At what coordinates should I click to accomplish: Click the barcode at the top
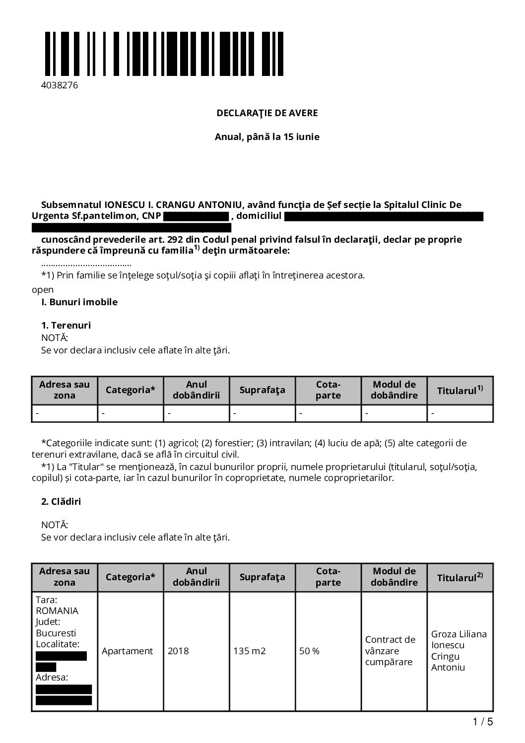tap(164, 54)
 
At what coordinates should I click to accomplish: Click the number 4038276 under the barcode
tap(60, 85)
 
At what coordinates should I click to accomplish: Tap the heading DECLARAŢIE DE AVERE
tap(267, 113)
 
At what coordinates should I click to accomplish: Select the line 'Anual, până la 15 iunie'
tap(267, 136)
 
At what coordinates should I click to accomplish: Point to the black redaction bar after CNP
tap(196, 216)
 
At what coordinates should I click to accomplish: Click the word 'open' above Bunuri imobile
tap(43, 289)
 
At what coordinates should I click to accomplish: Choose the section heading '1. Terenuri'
tap(66, 326)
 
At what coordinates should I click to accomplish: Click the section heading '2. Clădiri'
tap(61, 501)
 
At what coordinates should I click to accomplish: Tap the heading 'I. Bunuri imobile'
tap(79, 302)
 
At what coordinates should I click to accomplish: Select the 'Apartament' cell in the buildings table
tap(128, 651)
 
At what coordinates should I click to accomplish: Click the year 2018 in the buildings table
tap(178, 651)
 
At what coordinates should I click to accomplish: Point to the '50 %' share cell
tap(309, 651)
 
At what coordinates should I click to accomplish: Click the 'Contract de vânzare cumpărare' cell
tap(390, 651)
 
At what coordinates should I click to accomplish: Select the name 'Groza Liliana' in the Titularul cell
tap(459, 634)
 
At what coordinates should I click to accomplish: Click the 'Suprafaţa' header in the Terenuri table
tap(262, 390)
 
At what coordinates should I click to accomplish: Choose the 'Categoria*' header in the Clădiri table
tap(130, 577)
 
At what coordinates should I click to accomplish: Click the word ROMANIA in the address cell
tap(57, 611)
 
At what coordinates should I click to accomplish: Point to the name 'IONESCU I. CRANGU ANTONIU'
tap(173, 204)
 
